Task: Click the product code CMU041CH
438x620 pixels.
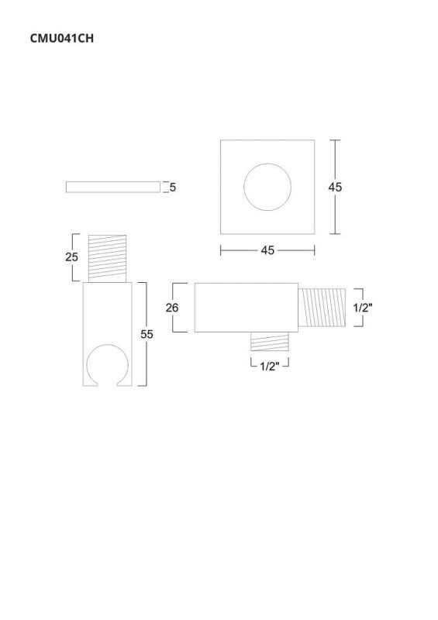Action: click(x=62, y=38)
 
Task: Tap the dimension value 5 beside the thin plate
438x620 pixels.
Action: click(x=173, y=187)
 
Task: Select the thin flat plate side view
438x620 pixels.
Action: click(x=113, y=187)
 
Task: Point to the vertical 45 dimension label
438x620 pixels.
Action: click(x=335, y=187)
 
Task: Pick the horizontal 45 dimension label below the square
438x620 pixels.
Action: click(x=267, y=250)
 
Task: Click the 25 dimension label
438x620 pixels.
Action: click(x=71, y=257)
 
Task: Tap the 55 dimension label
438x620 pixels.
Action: click(x=147, y=334)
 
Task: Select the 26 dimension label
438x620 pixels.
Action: click(x=172, y=307)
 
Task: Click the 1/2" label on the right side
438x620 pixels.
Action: click(x=363, y=308)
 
